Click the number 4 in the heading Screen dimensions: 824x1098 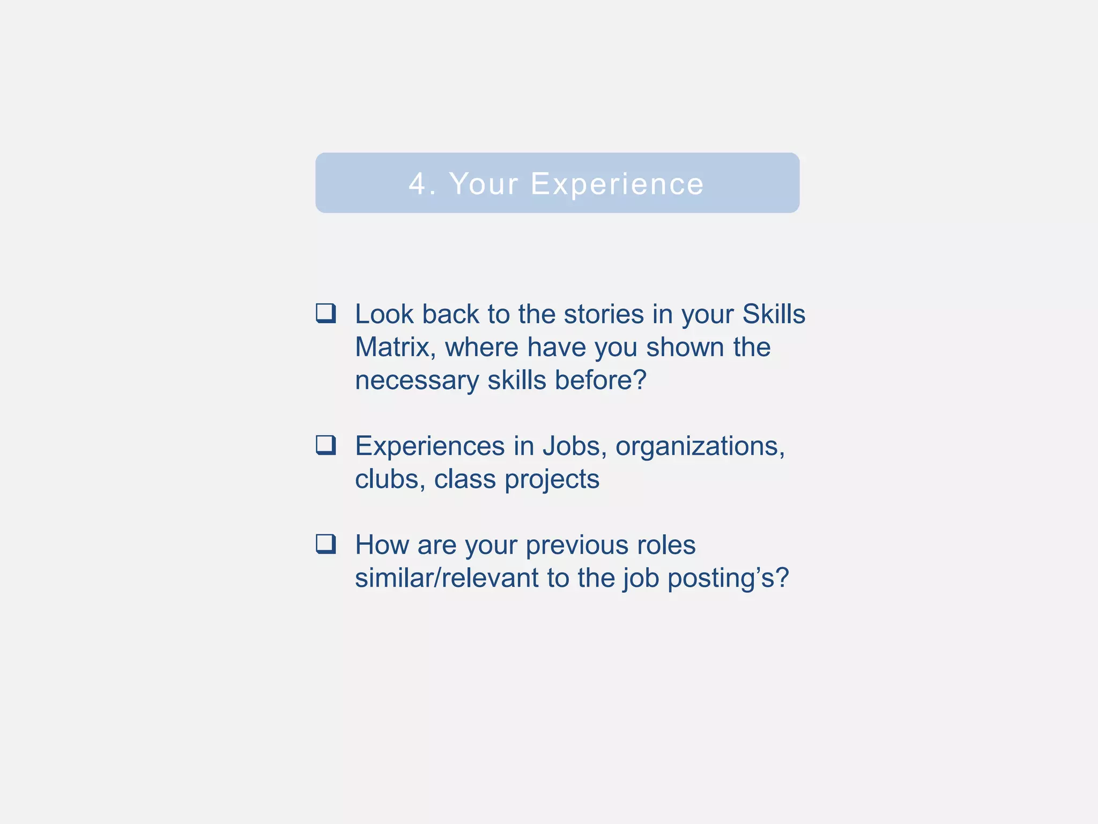418,184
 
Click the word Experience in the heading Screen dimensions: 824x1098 617,184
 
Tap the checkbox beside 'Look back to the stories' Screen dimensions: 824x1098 326,313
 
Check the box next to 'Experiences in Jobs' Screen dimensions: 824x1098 326,445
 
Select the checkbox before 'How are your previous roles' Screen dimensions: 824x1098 326,544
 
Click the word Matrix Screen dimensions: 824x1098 395,347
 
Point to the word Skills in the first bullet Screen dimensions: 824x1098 774,314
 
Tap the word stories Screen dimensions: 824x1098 604,314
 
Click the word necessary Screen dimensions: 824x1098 417,381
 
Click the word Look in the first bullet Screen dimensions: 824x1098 384,314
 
